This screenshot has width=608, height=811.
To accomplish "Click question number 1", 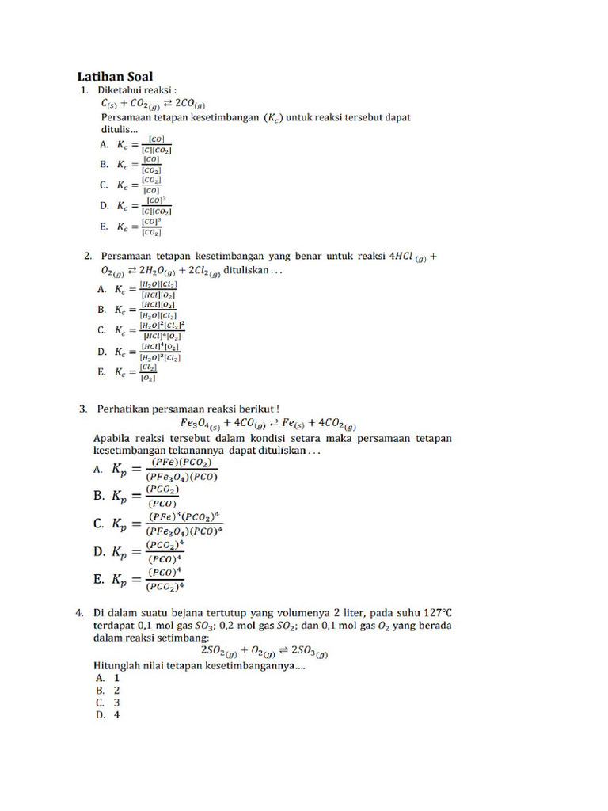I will point(85,91).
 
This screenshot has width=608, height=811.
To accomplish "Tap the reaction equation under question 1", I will point(152,104).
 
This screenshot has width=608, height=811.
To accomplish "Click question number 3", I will point(83,409).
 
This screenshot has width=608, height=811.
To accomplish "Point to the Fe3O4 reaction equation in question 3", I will point(268,423).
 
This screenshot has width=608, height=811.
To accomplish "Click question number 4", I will point(80,612).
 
